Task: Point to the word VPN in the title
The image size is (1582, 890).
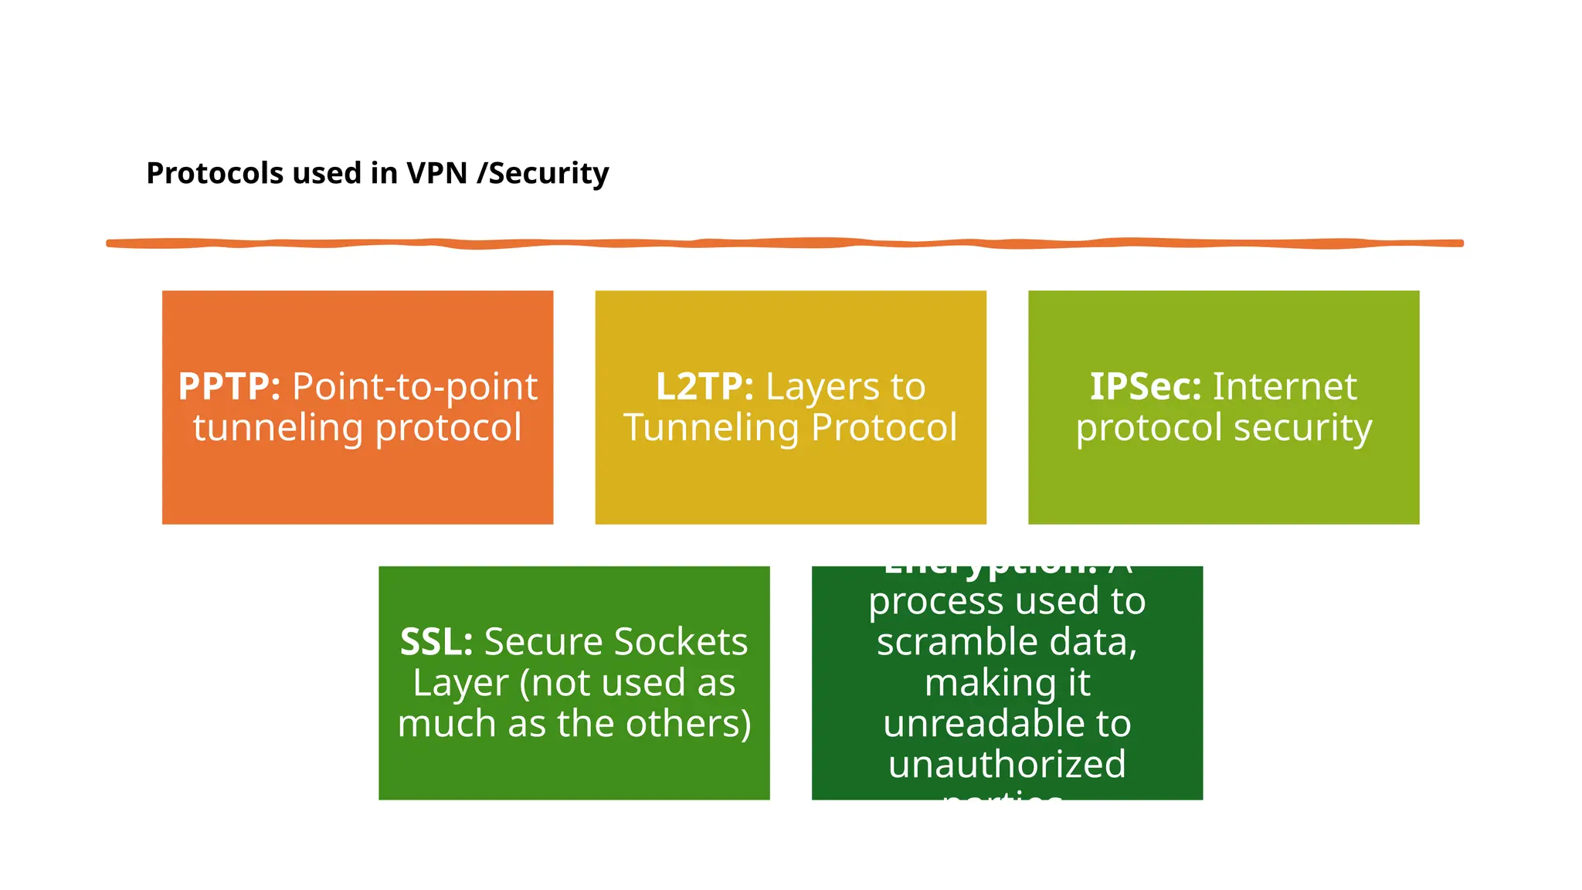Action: click(437, 173)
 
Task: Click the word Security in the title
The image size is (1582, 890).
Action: click(548, 174)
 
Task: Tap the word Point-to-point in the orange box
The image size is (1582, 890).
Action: click(415, 386)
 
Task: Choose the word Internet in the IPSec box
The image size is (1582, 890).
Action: click(1285, 386)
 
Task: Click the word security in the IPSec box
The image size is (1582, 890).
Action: click(1311, 428)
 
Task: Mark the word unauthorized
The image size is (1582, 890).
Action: click(1007, 765)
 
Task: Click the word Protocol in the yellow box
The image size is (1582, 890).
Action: click(884, 428)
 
